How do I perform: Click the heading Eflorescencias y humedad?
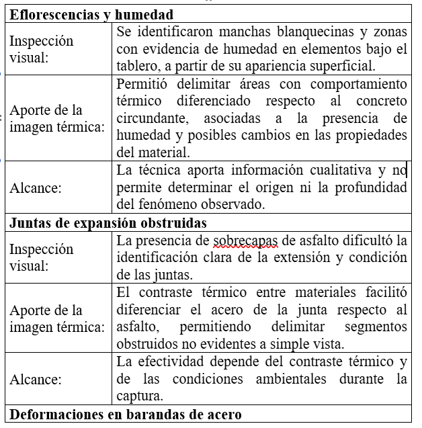[91, 15]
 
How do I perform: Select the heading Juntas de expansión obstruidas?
[108, 223]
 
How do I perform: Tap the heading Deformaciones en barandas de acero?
[126, 414]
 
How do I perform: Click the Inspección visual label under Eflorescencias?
[42, 49]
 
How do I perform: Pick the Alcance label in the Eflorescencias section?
[36, 188]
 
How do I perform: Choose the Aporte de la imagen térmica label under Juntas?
[56, 318]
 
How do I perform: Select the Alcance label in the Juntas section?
[36, 379]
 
